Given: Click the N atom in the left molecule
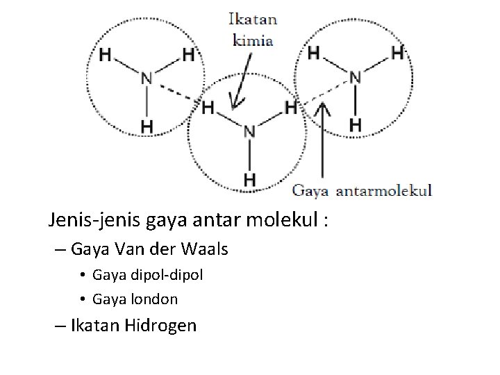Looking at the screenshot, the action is click(x=147, y=78).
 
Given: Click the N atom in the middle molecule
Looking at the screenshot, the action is click(x=249, y=131).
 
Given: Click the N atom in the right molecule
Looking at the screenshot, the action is click(x=355, y=76).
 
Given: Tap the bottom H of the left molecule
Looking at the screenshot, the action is click(x=147, y=126).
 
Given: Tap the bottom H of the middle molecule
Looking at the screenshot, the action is click(x=249, y=179).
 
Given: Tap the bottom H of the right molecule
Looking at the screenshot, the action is click(x=355, y=124).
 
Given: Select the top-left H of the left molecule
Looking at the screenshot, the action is click(x=106, y=53).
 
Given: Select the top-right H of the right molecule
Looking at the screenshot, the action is click(x=397, y=52).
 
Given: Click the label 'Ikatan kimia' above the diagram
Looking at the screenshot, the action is click(x=251, y=30).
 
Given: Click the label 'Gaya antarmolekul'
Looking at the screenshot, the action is click(x=362, y=190).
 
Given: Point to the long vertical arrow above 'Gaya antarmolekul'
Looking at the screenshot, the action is click(x=321, y=146).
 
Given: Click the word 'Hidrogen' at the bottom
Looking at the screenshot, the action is click(x=160, y=324).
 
